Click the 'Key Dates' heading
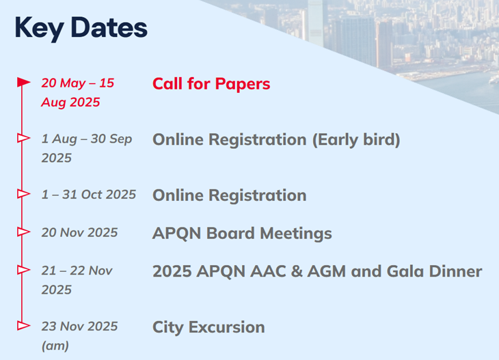pos(81,28)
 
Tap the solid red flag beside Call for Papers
pos(23,82)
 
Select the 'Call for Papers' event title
pos(211,84)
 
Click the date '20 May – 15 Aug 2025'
pos(78,92)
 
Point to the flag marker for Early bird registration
pos(23,138)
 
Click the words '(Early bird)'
pos(356,140)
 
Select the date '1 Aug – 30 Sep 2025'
pos(87,148)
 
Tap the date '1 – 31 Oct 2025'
pos(88,194)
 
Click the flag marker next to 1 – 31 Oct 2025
pos(23,194)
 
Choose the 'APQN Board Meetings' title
pos(242,233)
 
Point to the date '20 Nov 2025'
pos(79,232)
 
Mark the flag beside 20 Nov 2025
pos(23,232)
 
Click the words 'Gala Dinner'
pos(434,271)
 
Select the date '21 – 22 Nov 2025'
pos(77,280)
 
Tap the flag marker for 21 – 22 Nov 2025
pos(23,270)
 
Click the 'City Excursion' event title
pos(208,327)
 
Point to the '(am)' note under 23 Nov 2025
pos(55,346)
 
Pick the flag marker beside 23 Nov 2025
pos(23,326)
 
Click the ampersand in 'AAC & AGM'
pos(295,272)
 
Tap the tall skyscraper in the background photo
pos(316,22)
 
